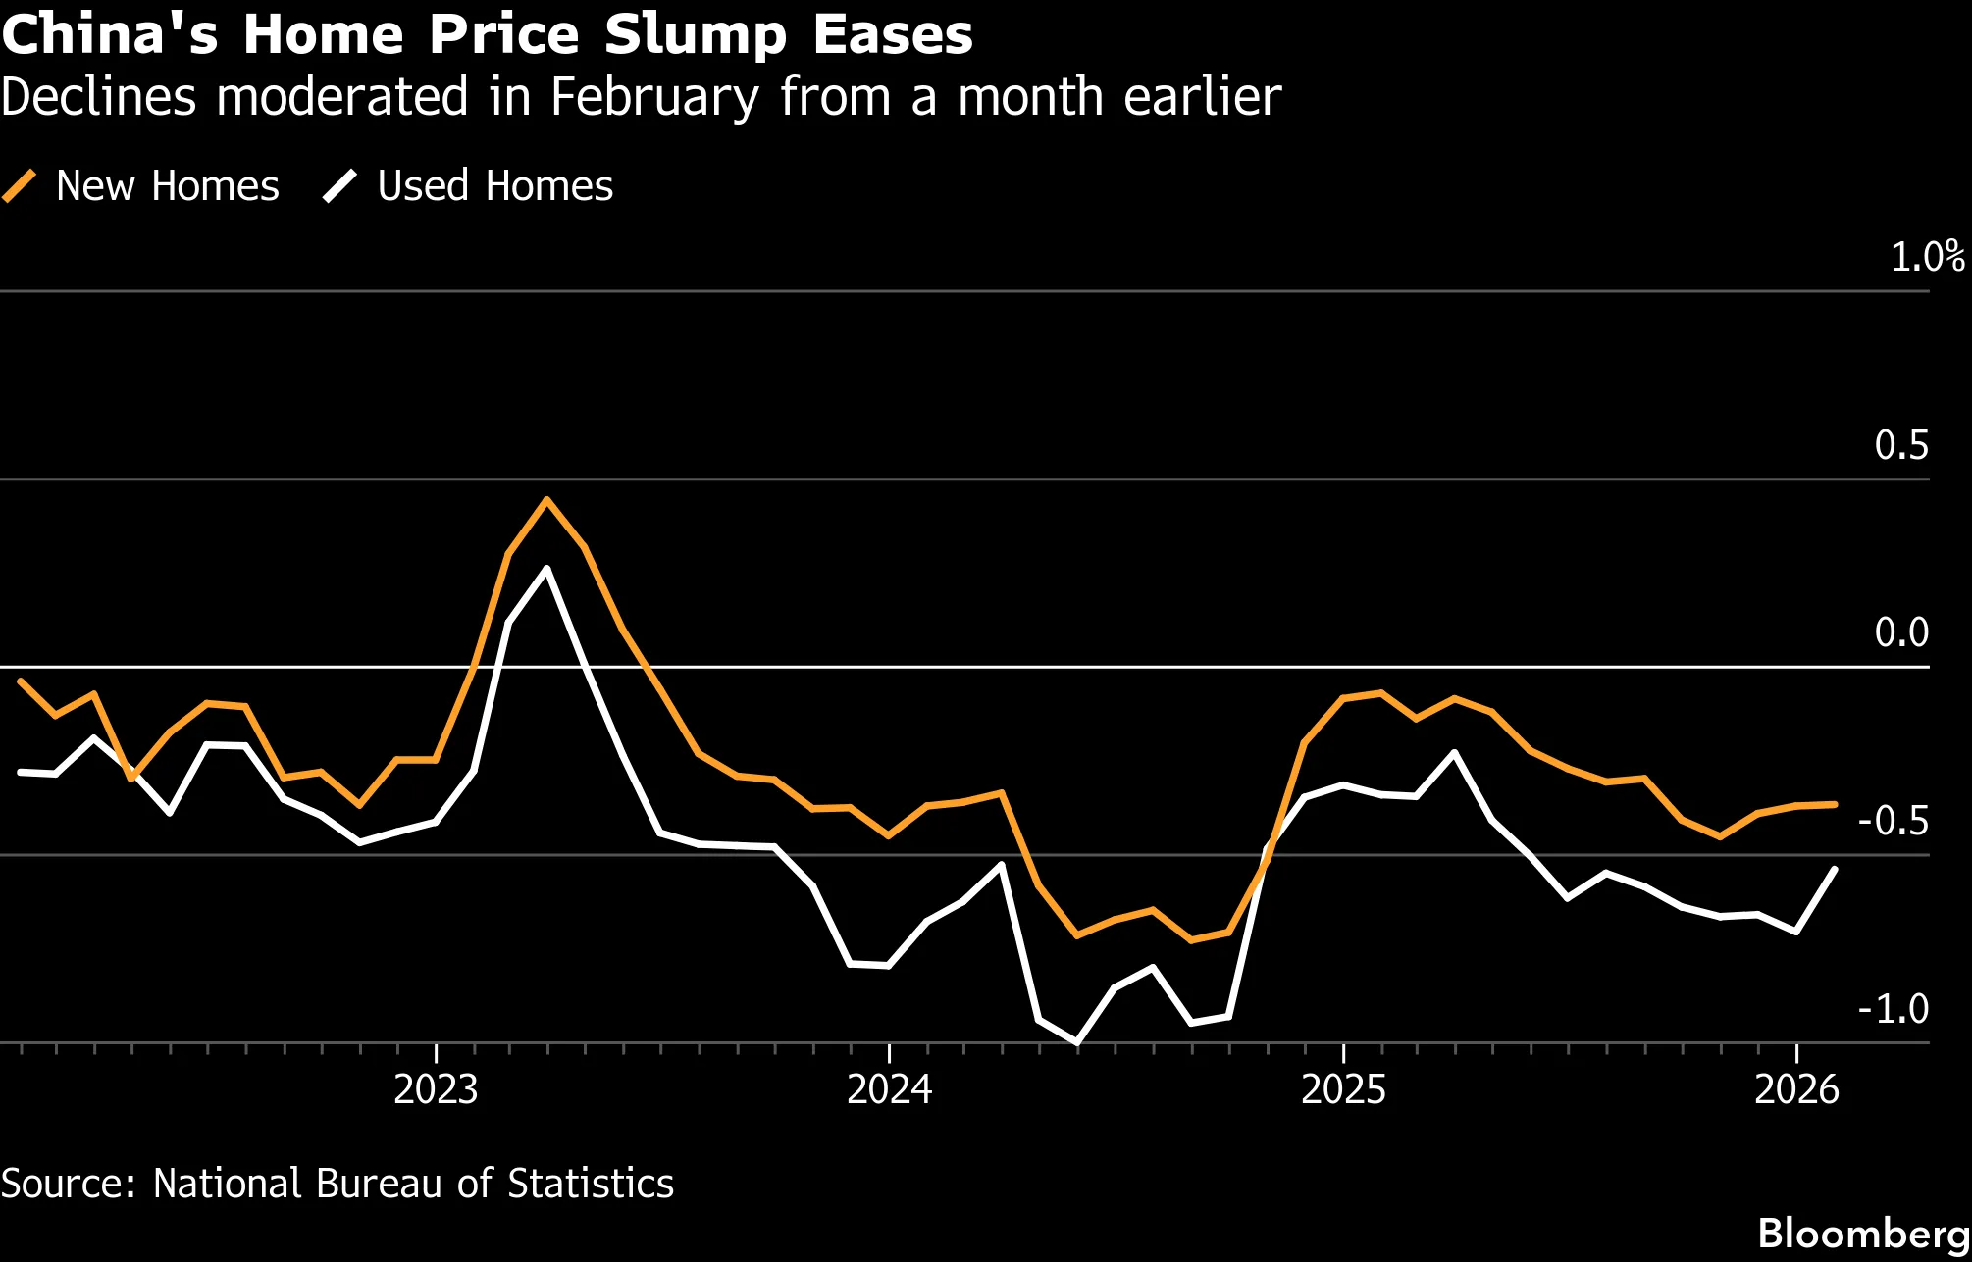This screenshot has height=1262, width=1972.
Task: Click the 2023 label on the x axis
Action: click(x=436, y=1089)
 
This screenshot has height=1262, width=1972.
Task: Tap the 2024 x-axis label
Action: click(x=889, y=1089)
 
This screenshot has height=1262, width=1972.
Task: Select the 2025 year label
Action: click(x=1343, y=1089)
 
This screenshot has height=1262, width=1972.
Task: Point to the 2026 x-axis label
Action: click(x=1796, y=1089)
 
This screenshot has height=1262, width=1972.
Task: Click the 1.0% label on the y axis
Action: click(x=1927, y=257)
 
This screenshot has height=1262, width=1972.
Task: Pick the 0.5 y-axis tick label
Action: click(x=1901, y=445)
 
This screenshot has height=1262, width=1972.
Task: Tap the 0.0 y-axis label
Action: click(x=1901, y=632)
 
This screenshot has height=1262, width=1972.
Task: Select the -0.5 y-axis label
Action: click(x=1894, y=821)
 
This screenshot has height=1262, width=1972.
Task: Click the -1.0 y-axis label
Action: click(x=1894, y=1009)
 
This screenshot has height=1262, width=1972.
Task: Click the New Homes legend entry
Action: click(x=141, y=186)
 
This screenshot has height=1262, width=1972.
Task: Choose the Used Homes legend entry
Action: click(x=468, y=186)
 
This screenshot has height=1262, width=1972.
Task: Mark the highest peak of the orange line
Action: click(x=546, y=500)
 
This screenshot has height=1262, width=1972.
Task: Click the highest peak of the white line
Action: click(x=546, y=569)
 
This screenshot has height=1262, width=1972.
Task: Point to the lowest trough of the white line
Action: click(x=1077, y=1042)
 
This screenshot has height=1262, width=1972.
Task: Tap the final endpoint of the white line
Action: click(x=1835, y=870)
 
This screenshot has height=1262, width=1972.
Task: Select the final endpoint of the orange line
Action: click(x=1835, y=804)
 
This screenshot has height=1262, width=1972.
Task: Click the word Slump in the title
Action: click(x=696, y=35)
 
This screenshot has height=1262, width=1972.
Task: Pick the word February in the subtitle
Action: click(x=654, y=98)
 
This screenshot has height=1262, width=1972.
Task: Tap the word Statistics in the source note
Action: click(x=591, y=1184)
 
